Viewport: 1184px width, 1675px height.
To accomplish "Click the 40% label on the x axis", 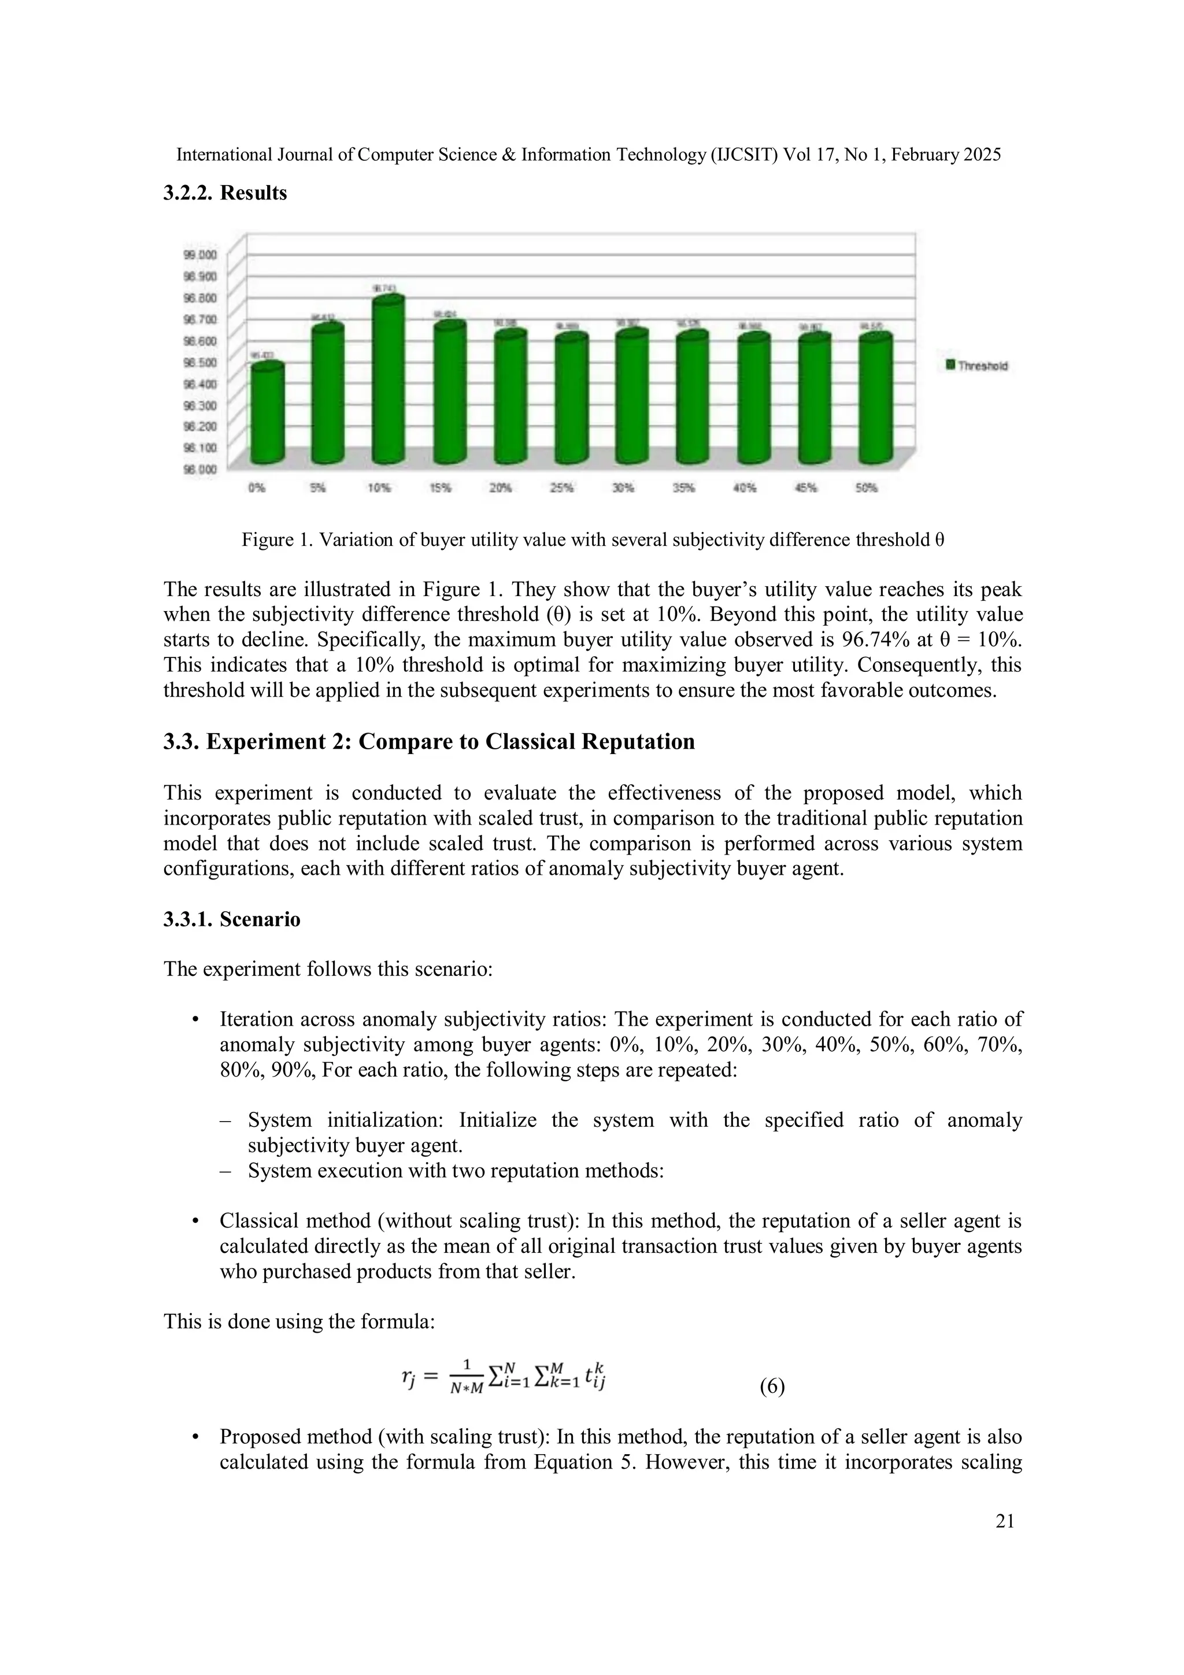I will pos(744,488).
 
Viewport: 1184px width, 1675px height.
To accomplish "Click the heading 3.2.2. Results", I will pos(225,193).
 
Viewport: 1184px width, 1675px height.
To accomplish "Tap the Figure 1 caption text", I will pos(593,540).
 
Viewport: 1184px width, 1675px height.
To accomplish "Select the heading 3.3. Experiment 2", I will pos(429,742).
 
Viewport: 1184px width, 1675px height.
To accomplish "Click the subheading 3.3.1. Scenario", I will pos(231,919).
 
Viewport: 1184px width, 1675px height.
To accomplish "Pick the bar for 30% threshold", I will pos(632,398).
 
